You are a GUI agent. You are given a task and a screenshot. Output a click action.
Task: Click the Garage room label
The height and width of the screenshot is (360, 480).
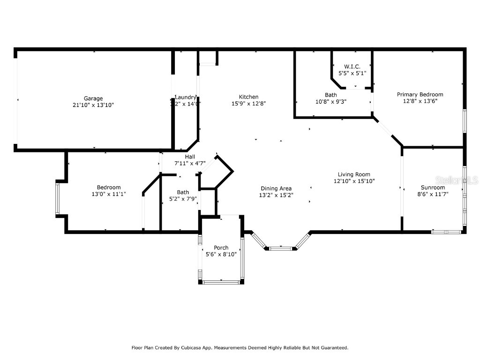[x=93, y=98]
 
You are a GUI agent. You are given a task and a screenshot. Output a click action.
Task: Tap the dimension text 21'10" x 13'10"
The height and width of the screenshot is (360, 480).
[x=93, y=105]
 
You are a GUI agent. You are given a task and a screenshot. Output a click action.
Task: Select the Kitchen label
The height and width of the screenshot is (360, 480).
[x=248, y=97]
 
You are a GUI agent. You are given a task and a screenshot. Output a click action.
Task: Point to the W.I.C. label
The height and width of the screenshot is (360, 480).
[x=352, y=67]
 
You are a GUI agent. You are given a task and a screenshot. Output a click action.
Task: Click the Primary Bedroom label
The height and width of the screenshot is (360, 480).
[x=420, y=94]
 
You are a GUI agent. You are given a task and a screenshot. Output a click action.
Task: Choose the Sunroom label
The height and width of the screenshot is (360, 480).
[x=433, y=187]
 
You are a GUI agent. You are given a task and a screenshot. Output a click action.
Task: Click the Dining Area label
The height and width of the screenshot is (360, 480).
[x=276, y=188]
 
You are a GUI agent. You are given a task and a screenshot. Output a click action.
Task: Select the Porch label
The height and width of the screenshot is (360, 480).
[x=221, y=247]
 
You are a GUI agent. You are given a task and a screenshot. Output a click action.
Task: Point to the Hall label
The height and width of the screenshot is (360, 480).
[x=190, y=157]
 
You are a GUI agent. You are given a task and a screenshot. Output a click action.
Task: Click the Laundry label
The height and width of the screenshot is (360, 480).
[x=186, y=97]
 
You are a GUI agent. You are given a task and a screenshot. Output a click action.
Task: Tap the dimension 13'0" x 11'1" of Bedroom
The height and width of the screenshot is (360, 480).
[x=109, y=194]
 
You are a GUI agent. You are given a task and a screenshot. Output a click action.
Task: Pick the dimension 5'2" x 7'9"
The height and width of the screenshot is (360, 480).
[x=183, y=199]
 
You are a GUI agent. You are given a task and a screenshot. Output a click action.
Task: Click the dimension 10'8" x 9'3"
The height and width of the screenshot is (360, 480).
[x=330, y=101]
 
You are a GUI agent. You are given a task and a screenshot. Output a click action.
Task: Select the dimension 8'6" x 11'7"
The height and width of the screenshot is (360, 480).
[x=433, y=194]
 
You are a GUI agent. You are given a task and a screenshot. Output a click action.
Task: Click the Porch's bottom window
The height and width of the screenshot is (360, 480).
[x=221, y=282]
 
